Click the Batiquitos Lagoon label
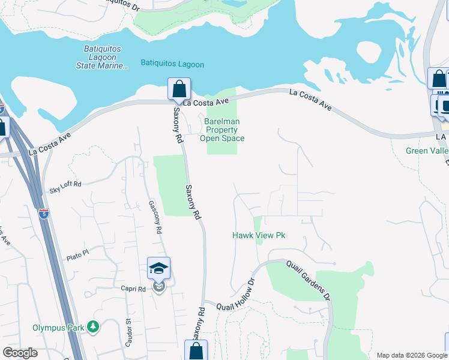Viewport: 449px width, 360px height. click(x=172, y=64)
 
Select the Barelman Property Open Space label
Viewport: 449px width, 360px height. click(x=222, y=130)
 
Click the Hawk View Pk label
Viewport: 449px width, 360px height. click(x=258, y=236)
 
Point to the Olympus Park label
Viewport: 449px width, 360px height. click(x=58, y=328)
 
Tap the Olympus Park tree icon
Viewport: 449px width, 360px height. click(x=93, y=327)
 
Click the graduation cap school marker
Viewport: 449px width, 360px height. click(x=159, y=269)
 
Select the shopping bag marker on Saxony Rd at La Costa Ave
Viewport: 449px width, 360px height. click(x=179, y=89)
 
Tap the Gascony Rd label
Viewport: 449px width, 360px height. click(x=155, y=217)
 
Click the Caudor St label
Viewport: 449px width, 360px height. click(x=128, y=330)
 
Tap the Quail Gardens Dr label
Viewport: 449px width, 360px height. click(x=309, y=280)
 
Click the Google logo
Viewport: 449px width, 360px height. click(x=20, y=353)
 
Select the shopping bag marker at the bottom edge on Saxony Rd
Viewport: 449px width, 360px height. click(x=196, y=351)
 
